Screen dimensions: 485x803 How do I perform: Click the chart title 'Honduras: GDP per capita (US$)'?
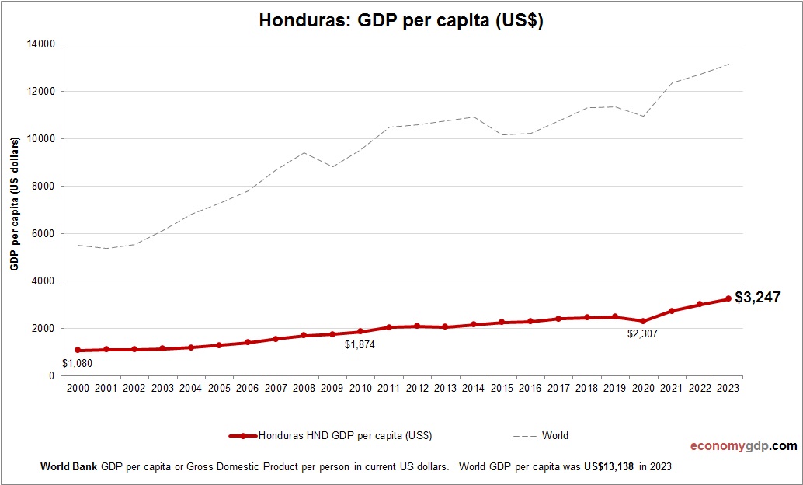[x=401, y=22]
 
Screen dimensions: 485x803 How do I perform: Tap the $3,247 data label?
[x=757, y=297]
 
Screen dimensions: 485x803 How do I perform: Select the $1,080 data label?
[x=77, y=364]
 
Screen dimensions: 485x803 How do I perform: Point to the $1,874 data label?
[x=360, y=344]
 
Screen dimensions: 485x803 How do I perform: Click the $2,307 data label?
[x=643, y=333]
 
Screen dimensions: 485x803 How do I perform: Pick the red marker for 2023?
[x=728, y=298]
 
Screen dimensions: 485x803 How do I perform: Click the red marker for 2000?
[x=77, y=351]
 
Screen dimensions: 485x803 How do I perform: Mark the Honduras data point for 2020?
[x=643, y=321]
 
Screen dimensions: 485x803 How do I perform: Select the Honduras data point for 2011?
[x=388, y=327]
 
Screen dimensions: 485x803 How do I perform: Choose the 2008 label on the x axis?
[x=303, y=388]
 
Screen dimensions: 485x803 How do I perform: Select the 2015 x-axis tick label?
[x=501, y=388]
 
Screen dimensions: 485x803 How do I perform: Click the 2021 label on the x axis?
[x=671, y=388]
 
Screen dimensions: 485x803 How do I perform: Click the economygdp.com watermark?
[x=744, y=446]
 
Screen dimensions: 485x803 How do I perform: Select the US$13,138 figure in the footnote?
[x=604, y=467]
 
